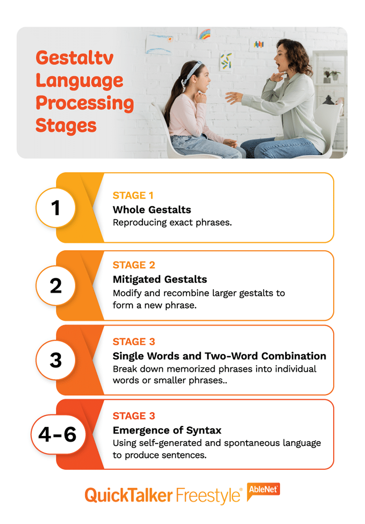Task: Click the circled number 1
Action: click(56, 208)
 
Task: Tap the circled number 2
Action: click(56, 285)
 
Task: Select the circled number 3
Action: click(56, 360)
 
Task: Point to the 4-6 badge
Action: click(58, 435)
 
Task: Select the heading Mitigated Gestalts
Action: click(159, 280)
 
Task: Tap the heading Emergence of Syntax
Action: click(167, 430)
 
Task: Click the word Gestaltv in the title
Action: click(74, 58)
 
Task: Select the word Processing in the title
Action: click(85, 103)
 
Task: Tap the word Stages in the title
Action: click(66, 126)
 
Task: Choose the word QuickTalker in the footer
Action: click(128, 496)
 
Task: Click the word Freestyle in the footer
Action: click(209, 496)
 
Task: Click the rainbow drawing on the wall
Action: click(204, 34)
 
